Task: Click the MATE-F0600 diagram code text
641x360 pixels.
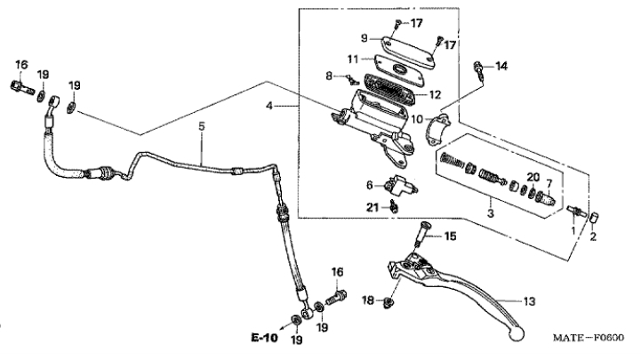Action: pos(589,338)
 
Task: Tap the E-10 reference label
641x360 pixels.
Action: pos(264,338)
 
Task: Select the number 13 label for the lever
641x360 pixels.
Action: pos(529,301)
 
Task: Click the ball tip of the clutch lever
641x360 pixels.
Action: pos(517,333)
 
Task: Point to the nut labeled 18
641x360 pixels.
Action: pos(389,303)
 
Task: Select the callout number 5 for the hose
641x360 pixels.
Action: pos(202,126)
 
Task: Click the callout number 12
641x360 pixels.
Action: pos(436,95)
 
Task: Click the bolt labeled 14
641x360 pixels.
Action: pos(478,70)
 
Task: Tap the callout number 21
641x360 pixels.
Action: pos(372,208)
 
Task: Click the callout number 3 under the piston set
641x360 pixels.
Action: pos(491,213)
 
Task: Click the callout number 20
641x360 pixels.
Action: pos(533,178)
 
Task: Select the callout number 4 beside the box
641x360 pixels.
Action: pos(269,107)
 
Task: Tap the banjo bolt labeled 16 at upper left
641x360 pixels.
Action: pos(21,87)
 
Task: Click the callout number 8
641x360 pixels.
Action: pos(329,76)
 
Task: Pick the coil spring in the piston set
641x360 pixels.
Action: pos(453,160)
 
